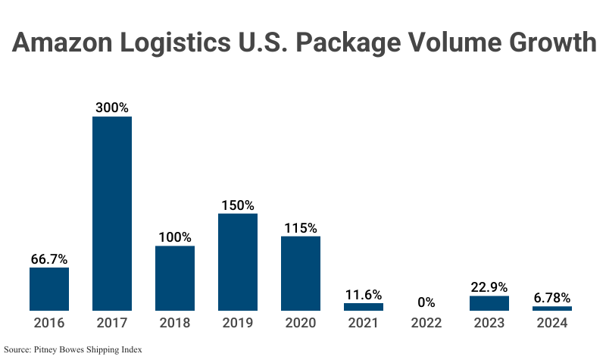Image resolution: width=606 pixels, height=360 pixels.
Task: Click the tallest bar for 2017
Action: [112, 213]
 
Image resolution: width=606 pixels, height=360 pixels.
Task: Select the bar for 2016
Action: [49, 289]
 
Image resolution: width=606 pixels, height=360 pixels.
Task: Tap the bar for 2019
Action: [238, 261]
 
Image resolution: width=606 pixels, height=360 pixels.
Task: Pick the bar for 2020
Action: [301, 273]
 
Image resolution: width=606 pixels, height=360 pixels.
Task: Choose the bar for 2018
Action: [175, 277]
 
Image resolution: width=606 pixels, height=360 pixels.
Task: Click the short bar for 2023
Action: [489, 303]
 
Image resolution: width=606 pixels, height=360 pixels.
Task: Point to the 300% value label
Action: [112, 108]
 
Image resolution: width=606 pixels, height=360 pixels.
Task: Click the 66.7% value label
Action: [49, 258]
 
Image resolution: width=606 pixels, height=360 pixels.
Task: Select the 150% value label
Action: [238, 205]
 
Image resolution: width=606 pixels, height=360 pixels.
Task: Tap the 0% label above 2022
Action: [426, 302]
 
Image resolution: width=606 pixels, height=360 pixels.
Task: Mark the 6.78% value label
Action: [552, 297]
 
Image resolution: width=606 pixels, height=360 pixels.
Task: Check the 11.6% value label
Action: [364, 294]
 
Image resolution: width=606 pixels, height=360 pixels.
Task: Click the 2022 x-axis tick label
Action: [426, 323]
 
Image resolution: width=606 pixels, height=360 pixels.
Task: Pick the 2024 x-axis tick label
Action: [552, 323]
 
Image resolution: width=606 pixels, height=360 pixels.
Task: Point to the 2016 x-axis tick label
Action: [49, 323]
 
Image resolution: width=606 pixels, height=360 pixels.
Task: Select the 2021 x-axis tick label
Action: [364, 323]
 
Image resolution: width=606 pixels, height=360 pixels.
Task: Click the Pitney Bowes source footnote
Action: [73, 349]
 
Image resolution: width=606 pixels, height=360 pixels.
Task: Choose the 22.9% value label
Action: [489, 287]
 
